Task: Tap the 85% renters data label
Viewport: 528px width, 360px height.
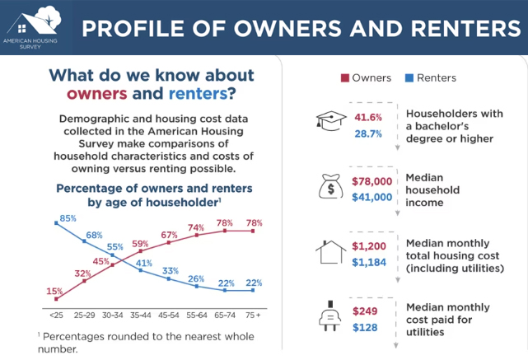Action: tap(68, 218)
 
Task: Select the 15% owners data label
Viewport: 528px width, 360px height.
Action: tap(54, 291)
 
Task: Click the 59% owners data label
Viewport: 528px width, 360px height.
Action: tap(140, 244)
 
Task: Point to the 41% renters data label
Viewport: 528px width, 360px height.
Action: tap(144, 264)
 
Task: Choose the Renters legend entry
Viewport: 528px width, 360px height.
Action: tap(429, 78)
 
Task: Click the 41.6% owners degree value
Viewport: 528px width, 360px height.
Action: tap(368, 117)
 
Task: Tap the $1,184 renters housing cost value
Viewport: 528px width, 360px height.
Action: tap(369, 262)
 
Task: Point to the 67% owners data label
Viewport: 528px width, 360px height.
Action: tap(170, 235)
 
